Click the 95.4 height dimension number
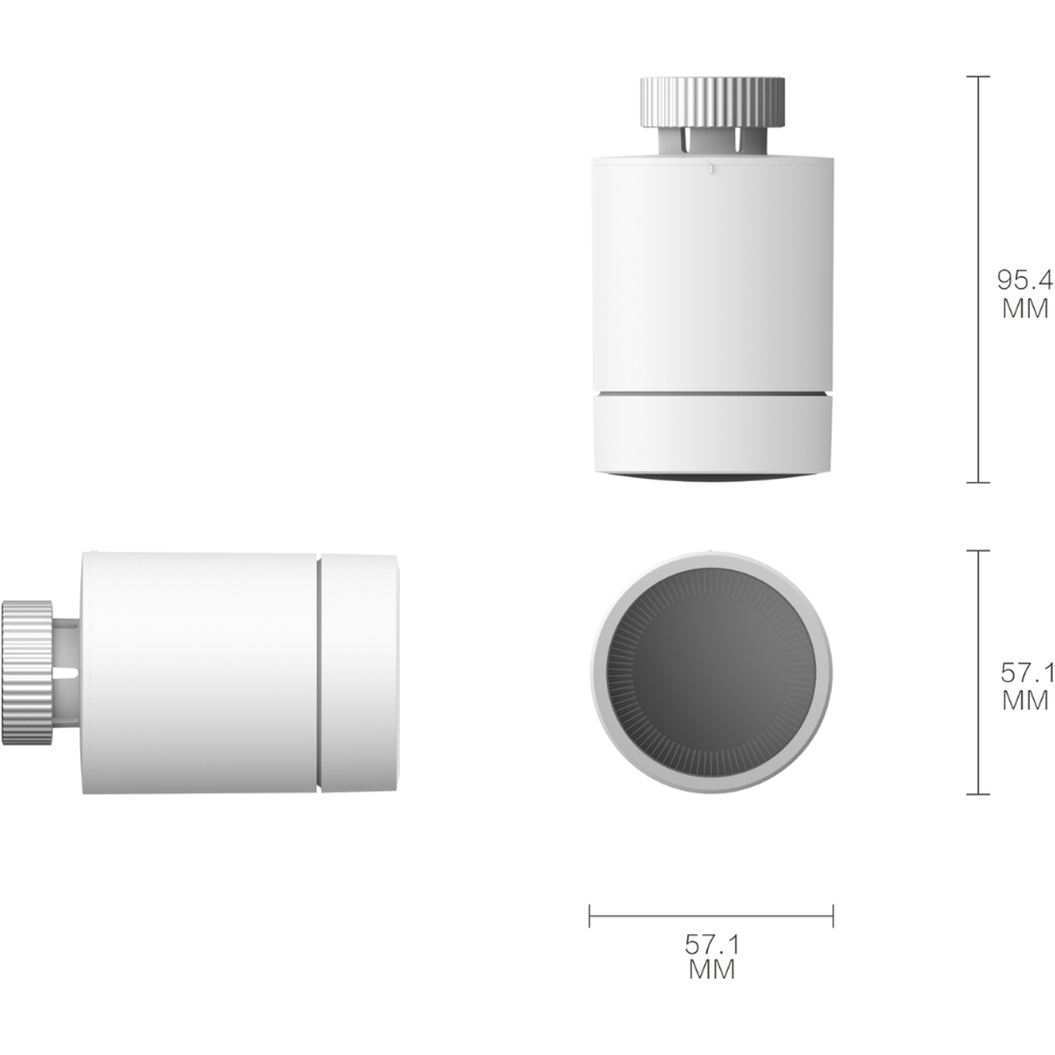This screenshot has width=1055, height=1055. click(1025, 280)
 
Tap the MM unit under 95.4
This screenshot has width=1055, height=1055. click(1025, 308)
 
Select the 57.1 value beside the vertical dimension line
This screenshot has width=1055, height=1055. click(1027, 672)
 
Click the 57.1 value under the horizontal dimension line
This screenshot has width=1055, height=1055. click(712, 944)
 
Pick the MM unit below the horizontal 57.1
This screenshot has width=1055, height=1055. click(712, 969)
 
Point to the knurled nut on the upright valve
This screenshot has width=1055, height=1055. click(712, 103)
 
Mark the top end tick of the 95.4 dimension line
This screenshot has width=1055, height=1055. click(978, 76)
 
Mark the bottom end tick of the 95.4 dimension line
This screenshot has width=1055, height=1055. click(978, 482)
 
